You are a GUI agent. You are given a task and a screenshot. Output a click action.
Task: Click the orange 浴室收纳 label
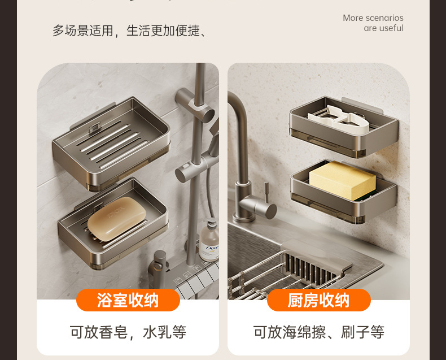(x=128, y=300)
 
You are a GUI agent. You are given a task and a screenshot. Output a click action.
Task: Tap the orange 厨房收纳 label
(x=319, y=300)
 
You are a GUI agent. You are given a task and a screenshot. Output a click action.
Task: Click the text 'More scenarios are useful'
(x=373, y=23)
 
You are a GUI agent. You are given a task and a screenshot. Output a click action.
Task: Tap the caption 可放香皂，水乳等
(x=128, y=332)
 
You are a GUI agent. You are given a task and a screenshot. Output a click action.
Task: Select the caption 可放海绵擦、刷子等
(x=319, y=332)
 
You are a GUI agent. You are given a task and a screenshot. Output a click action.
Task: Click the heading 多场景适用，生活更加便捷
(x=129, y=31)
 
